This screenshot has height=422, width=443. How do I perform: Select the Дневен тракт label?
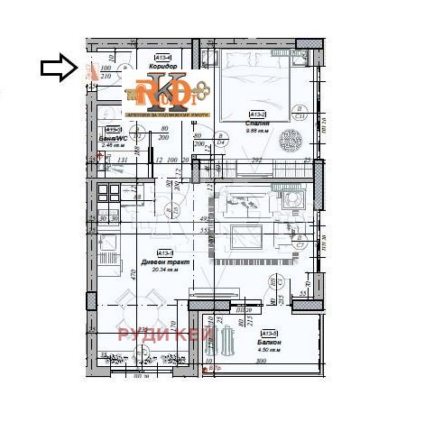163,262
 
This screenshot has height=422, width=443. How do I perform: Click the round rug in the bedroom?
290,140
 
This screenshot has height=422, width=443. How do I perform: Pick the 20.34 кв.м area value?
163,271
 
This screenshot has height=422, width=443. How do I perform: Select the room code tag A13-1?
164,252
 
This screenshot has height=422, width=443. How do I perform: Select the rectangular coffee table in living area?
245,237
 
